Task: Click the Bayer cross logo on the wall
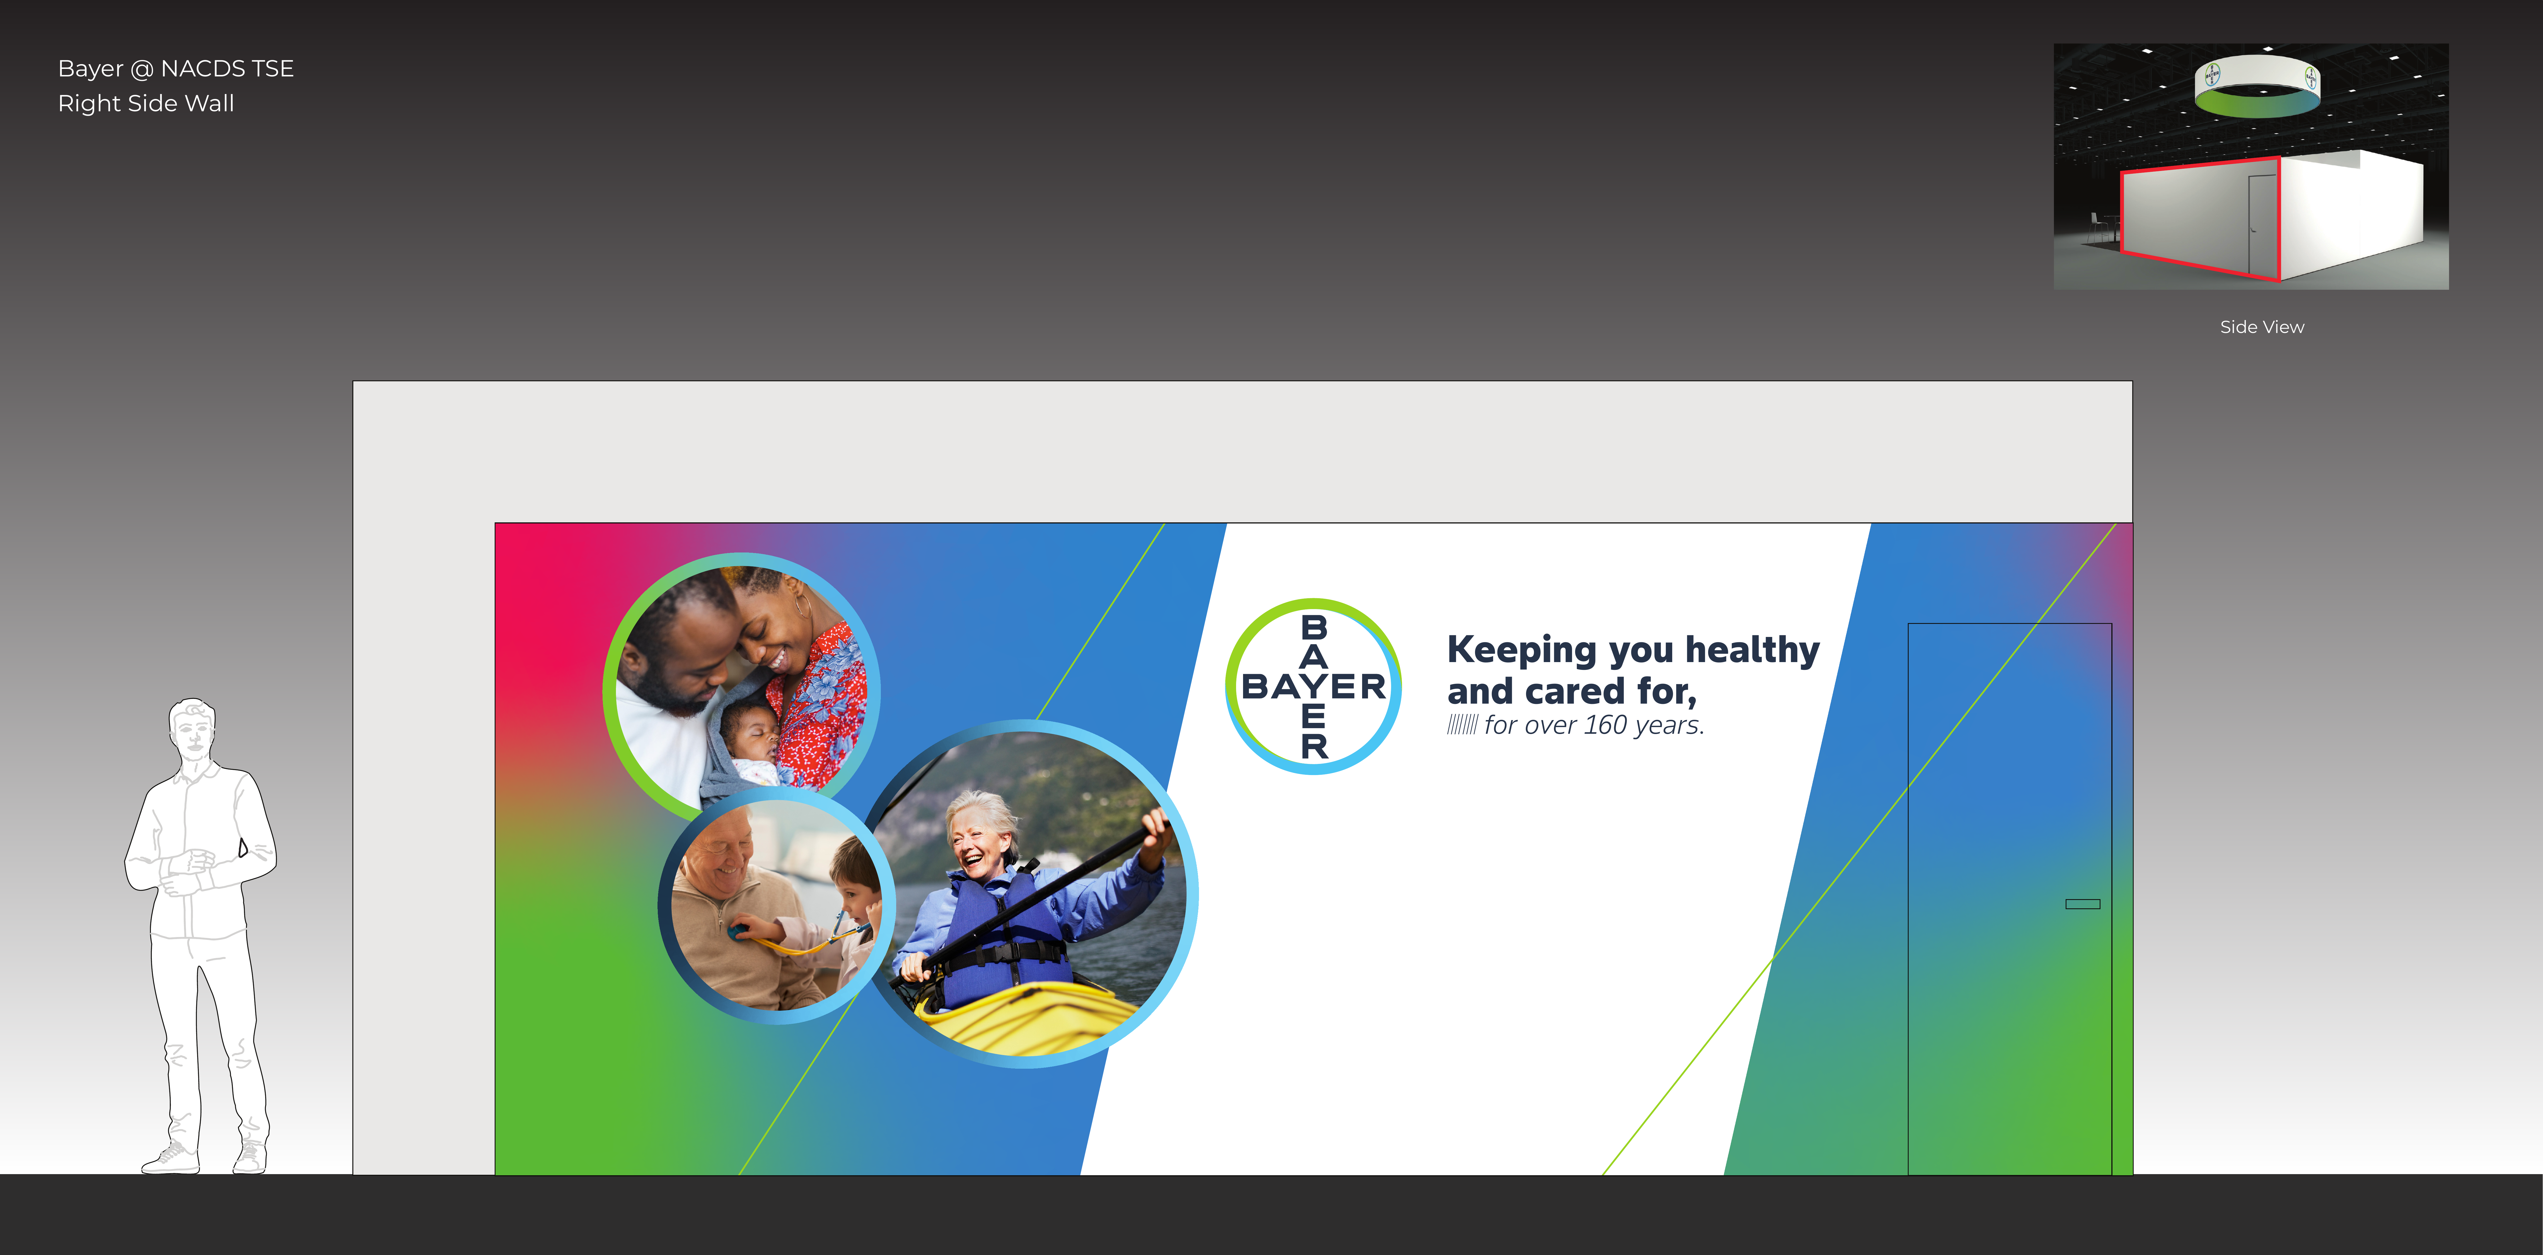pyautogui.click(x=1313, y=686)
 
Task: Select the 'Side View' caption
pyautogui.click(x=2262, y=327)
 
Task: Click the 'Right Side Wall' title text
pyautogui.click(x=146, y=104)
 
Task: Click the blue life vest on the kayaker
pyautogui.click(x=997, y=923)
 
